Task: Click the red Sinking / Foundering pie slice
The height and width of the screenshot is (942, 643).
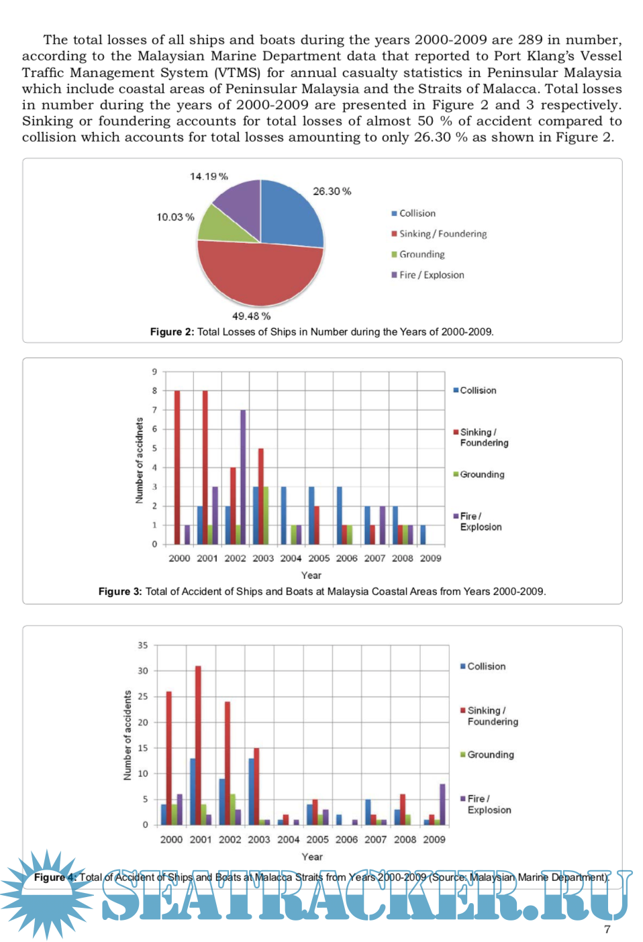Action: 258,275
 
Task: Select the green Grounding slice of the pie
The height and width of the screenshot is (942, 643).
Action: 219,225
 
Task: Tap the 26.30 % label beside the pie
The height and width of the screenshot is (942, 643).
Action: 332,191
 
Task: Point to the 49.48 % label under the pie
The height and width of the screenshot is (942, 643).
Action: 251,316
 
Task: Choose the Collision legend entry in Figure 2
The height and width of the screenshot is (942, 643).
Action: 414,213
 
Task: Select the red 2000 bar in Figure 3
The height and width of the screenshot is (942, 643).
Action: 177,467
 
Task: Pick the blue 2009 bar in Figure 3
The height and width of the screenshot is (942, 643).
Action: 423,535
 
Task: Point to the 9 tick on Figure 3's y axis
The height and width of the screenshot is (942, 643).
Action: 154,372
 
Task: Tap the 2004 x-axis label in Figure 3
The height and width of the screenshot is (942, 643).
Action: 291,558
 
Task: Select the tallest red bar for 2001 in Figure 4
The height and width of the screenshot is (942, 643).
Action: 198,745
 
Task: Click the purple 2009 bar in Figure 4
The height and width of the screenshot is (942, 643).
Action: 442,804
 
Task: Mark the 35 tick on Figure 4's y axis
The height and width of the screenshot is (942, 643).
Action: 142,645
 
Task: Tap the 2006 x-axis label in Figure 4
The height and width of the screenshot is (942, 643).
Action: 346,839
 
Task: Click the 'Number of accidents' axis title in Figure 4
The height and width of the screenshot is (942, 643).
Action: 128,735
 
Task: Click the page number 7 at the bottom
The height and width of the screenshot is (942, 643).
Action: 607,929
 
